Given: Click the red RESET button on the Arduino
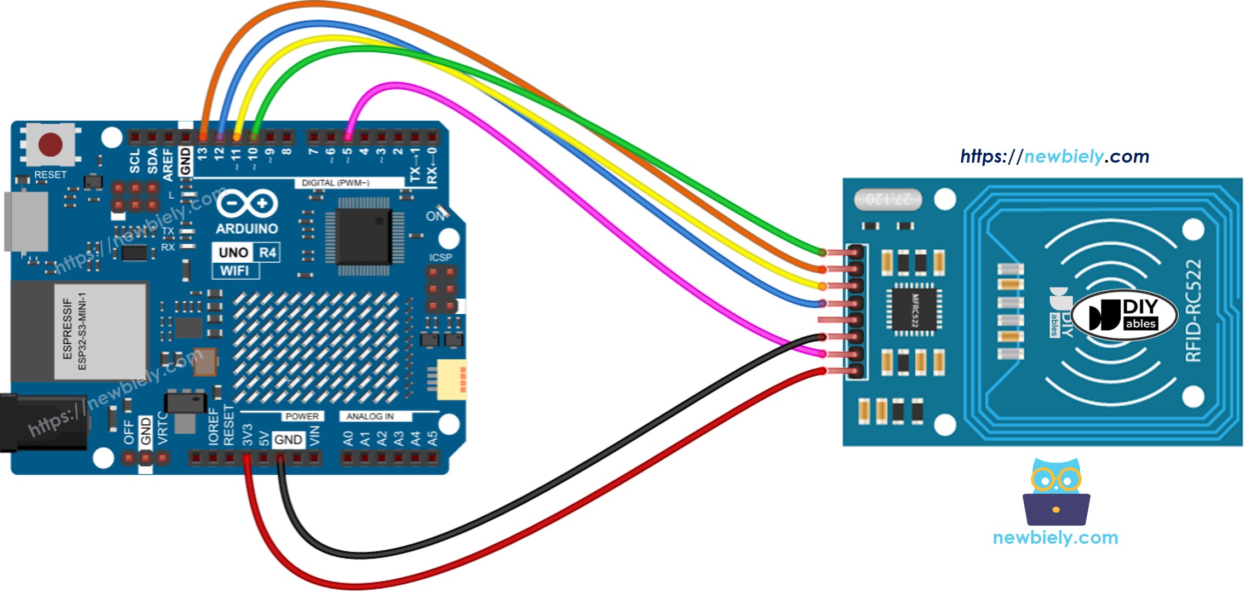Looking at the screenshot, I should [50, 145].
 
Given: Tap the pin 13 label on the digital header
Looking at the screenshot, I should [203, 154].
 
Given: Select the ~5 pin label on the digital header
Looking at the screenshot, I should [348, 156].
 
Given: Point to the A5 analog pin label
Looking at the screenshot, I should [433, 439].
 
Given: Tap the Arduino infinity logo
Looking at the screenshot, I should [247, 204].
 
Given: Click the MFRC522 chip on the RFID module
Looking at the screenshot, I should [914, 310].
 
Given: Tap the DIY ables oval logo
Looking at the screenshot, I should [1124, 315].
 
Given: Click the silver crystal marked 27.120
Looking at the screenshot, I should [888, 199].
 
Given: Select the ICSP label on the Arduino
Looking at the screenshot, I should [440, 257].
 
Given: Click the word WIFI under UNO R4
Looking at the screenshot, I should [235, 270].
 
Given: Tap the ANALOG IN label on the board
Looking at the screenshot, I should [370, 416].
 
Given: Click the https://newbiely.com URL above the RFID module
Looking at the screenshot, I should [1054, 157].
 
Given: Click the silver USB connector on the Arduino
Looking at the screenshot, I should [26, 221].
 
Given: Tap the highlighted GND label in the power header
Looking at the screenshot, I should [288, 440].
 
